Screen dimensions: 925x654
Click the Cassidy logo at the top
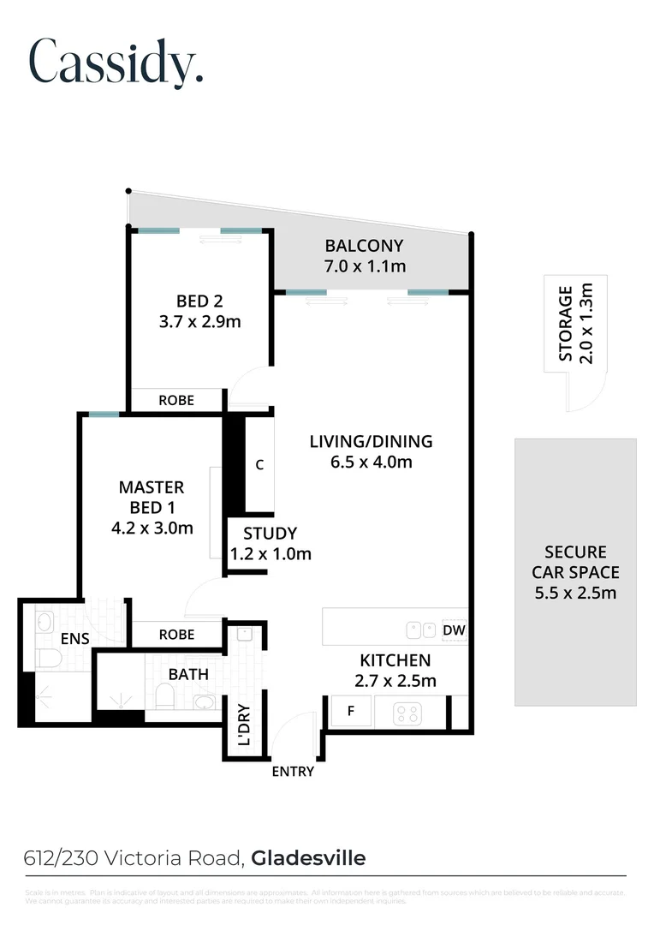(x=116, y=61)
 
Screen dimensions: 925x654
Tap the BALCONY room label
(x=364, y=246)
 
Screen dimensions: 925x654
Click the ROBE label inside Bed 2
(x=176, y=400)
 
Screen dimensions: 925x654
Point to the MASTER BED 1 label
(x=152, y=497)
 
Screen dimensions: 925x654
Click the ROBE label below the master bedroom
(x=176, y=635)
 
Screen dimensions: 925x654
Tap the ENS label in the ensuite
(x=74, y=638)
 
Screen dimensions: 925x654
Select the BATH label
(x=188, y=674)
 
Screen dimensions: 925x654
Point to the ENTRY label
(x=293, y=772)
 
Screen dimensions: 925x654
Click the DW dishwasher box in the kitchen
(x=455, y=631)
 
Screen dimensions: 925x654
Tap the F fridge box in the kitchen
(x=351, y=711)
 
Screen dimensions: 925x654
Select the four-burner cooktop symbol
(x=408, y=712)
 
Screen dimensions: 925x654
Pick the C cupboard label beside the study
(x=259, y=465)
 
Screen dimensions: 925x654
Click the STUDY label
(x=270, y=533)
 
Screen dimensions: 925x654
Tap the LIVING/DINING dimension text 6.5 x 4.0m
(x=371, y=462)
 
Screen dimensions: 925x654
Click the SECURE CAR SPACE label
(x=575, y=572)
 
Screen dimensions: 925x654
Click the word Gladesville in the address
(x=308, y=857)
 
